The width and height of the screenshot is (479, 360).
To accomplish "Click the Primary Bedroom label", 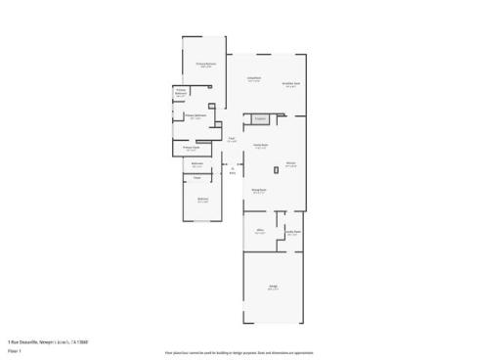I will (204, 65).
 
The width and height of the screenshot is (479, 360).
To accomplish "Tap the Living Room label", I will (253, 79).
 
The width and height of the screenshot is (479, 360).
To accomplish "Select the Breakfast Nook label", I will (291, 84).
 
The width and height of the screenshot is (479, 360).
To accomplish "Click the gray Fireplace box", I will (260, 119).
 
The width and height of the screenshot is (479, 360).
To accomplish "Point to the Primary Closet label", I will (193, 148).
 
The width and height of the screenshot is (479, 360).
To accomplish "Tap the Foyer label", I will (232, 139).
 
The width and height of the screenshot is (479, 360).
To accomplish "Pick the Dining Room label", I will (259, 190).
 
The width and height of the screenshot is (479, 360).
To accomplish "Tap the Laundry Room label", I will (291, 232).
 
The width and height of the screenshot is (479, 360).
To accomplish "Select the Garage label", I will (274, 287).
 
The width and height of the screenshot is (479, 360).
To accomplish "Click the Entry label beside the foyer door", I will (233, 171).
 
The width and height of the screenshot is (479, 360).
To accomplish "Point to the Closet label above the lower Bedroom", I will (196, 177).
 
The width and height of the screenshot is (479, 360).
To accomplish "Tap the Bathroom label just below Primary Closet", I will (196, 163).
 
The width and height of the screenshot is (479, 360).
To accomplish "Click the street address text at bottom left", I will (48, 341).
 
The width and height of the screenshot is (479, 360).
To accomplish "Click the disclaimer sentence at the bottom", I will (239, 351).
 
